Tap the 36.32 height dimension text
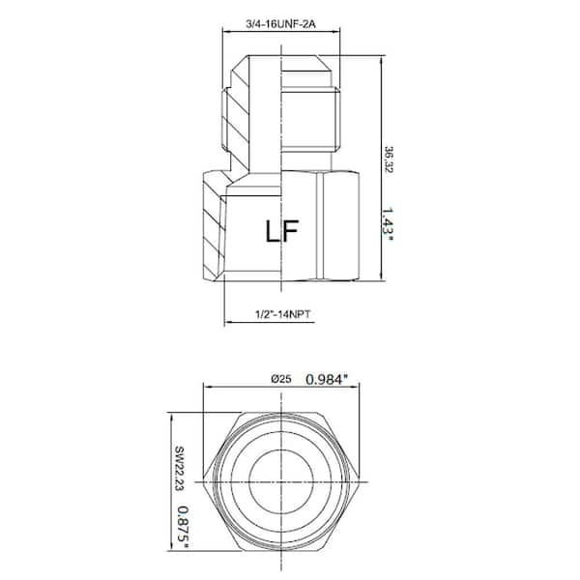point(390,159)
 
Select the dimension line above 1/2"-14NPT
point(280,323)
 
